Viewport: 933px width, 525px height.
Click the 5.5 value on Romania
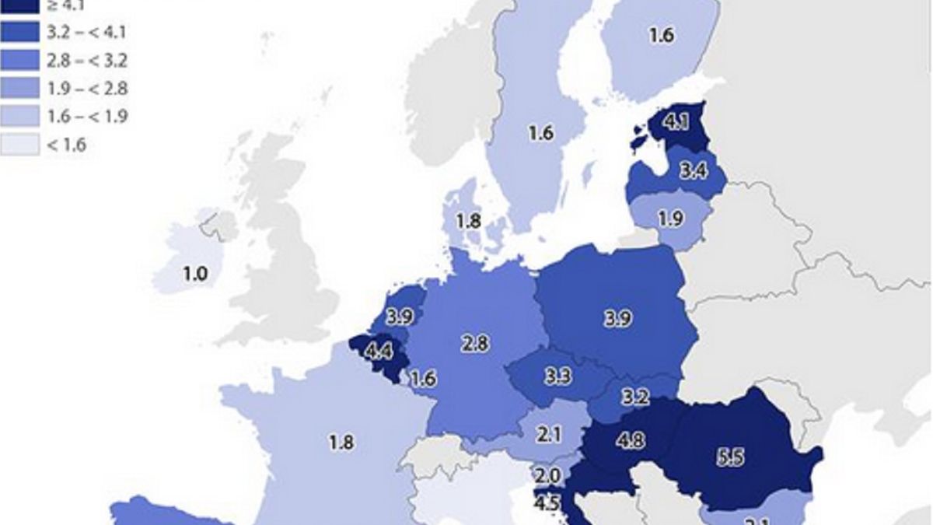(x=729, y=458)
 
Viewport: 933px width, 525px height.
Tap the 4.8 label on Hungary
(x=631, y=439)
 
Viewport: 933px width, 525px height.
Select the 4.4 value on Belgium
(x=379, y=352)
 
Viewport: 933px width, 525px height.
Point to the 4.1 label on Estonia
(x=677, y=122)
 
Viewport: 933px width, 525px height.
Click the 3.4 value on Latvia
(x=692, y=170)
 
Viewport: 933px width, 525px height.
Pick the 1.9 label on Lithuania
(x=670, y=219)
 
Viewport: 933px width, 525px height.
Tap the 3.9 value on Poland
(x=617, y=318)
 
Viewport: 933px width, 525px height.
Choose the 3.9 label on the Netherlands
(x=400, y=317)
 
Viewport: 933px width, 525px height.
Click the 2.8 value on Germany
(x=474, y=342)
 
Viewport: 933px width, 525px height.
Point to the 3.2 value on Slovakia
(x=635, y=397)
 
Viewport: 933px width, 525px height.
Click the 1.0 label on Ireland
(x=194, y=275)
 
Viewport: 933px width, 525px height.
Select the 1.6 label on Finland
(x=661, y=36)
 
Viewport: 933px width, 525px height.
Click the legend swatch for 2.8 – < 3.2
(x=19, y=60)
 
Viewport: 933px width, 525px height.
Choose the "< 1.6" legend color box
(x=19, y=144)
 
